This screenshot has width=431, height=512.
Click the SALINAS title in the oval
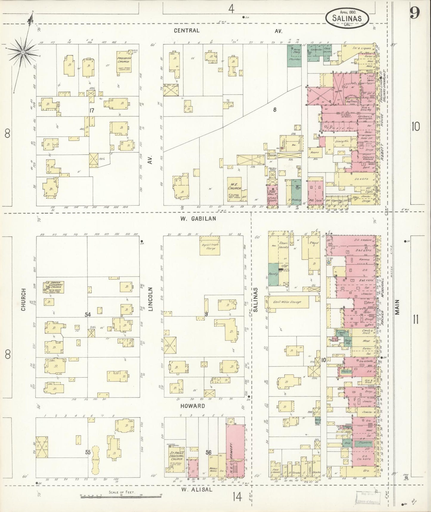click(347, 18)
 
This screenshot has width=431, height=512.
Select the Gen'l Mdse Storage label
click(287, 302)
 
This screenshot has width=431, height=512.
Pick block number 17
click(91, 111)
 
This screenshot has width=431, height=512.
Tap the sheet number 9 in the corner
click(414, 13)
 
